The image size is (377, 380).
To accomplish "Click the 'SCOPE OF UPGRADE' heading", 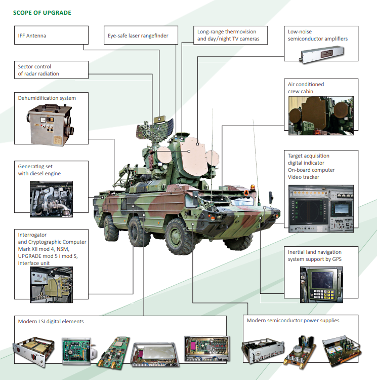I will pyautogui.click(x=42, y=12).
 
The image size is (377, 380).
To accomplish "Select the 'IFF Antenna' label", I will pyautogui.click(x=32, y=36).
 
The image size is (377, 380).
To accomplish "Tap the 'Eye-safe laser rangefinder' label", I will pyautogui.click(x=138, y=36).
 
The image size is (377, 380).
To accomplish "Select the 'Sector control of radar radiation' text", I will pyautogui.click(x=38, y=70).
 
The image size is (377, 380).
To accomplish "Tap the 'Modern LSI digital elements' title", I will pyautogui.click(x=51, y=321).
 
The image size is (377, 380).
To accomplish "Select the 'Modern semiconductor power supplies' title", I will pyautogui.click(x=292, y=320).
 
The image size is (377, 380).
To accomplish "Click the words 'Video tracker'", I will pyautogui.click(x=303, y=177).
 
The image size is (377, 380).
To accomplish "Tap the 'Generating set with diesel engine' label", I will pyautogui.click(x=39, y=170).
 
